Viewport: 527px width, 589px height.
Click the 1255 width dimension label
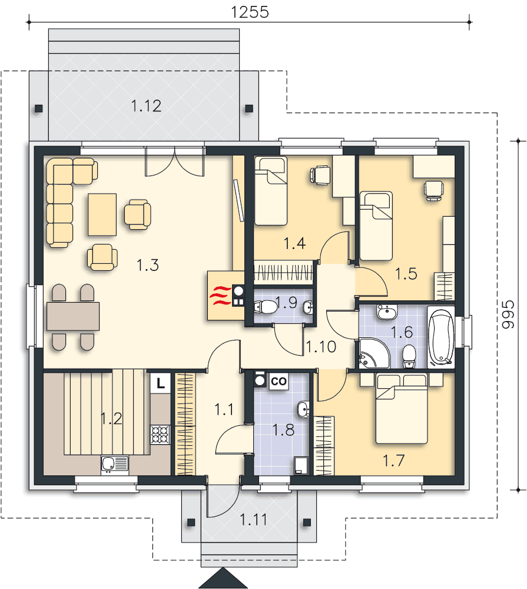click(250, 12)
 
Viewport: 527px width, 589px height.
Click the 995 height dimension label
click(508, 315)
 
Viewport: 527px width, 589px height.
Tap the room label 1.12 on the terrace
click(146, 106)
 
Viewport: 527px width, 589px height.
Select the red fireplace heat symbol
click(220, 296)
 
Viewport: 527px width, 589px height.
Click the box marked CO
click(279, 381)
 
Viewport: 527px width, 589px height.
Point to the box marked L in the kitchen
click(160, 383)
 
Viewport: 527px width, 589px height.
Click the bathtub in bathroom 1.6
click(440, 337)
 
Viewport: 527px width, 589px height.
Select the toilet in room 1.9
click(266, 307)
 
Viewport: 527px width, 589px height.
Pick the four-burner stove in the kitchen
click(160, 435)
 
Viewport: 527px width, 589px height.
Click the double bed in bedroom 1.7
click(402, 409)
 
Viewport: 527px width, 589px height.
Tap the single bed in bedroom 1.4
click(270, 191)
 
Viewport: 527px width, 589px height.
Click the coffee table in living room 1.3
click(102, 214)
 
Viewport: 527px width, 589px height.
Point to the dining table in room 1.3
click(73, 316)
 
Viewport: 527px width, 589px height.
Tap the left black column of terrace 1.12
click(39, 109)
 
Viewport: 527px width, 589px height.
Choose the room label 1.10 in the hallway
click(321, 347)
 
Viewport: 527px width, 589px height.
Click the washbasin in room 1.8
click(303, 409)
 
